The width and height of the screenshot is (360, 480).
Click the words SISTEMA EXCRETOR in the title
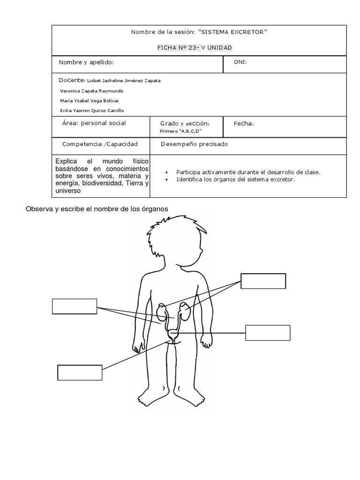point(232,32)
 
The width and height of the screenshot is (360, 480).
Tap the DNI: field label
point(240,62)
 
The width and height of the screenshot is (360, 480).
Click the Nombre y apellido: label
point(86,62)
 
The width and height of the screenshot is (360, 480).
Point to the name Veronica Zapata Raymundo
point(92,90)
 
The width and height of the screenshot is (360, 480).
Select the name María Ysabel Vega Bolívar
point(90,100)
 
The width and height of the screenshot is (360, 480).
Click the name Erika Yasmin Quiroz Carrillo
point(92,111)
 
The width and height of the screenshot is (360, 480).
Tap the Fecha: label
point(244,124)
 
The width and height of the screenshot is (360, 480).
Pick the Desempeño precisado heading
point(194,144)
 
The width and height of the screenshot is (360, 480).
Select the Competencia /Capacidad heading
point(100,144)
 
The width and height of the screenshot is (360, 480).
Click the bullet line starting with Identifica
point(236,180)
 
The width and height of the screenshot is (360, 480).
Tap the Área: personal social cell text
point(94,123)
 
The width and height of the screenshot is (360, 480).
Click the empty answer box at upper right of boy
point(263,281)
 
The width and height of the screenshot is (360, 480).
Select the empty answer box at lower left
point(80,372)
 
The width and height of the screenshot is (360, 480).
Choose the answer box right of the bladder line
point(268,333)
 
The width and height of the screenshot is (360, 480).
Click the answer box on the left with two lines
point(75,306)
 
